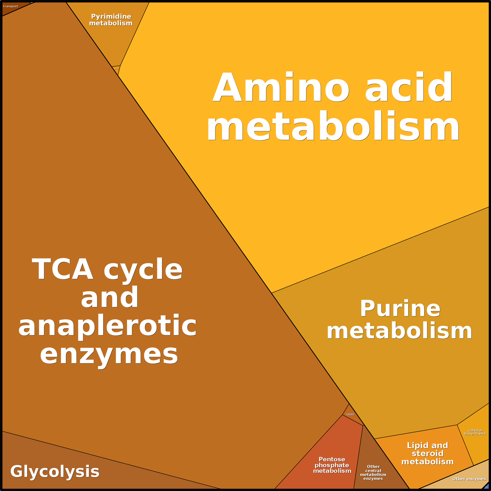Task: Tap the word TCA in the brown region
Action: point(63,269)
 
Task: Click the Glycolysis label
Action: point(55,471)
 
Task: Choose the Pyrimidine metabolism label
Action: point(111,20)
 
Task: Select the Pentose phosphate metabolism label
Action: point(332,465)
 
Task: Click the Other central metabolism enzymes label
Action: point(373,472)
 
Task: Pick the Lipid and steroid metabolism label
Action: point(427,453)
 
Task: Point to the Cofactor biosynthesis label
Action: point(475,432)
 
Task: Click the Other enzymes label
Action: point(469,479)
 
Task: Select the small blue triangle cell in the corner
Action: point(486,487)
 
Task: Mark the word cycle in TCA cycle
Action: point(143,269)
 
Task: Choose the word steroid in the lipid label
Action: point(427,453)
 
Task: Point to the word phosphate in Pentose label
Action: point(332,465)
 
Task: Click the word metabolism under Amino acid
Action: point(333,126)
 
